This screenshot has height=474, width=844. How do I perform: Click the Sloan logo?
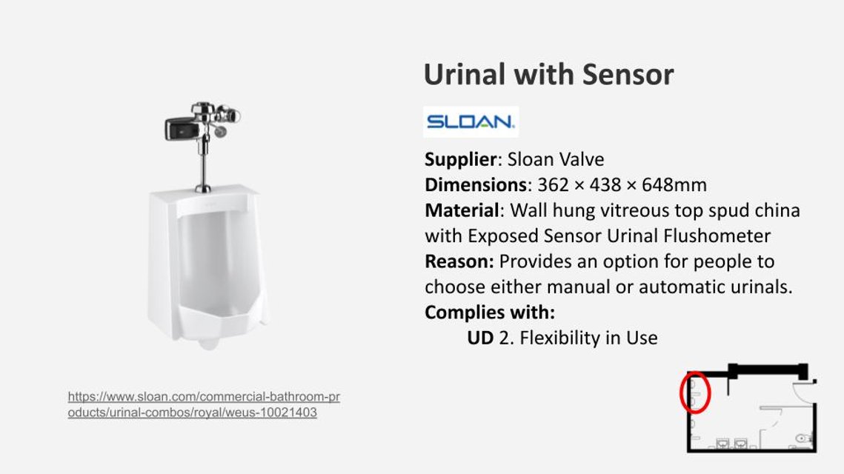point(471,121)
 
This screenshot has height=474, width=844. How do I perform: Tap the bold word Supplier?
point(460,160)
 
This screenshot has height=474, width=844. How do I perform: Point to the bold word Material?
point(462,210)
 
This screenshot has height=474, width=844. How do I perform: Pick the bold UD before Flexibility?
point(480,338)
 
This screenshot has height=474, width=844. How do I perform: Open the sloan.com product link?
point(204,404)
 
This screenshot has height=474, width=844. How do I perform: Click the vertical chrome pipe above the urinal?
point(204,161)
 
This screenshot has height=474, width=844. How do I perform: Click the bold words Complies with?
point(490,313)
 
